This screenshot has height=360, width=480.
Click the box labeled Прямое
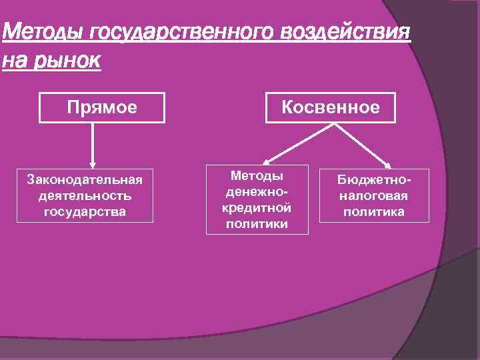coord(101,107)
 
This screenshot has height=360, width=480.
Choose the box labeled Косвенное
coord(331,107)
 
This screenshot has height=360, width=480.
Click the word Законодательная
coord(85,180)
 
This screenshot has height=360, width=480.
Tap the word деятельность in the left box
coord(85,196)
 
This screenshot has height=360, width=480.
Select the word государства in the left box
coord(85,212)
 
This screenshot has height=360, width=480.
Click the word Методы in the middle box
coord(257,175)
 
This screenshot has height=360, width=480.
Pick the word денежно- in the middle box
coord(257,191)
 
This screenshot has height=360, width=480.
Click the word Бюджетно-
coord(374,180)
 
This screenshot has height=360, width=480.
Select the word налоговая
coord(374,196)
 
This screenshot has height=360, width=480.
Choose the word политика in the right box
coord(374,212)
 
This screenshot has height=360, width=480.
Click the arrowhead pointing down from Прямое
coord(93,163)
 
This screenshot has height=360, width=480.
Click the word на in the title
coord(15,61)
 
